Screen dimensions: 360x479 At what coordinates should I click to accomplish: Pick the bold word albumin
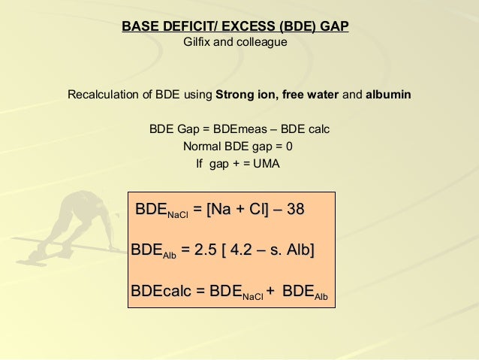387,96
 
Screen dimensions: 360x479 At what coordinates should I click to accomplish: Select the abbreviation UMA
267,163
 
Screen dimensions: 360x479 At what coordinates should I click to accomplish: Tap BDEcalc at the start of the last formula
162,290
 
